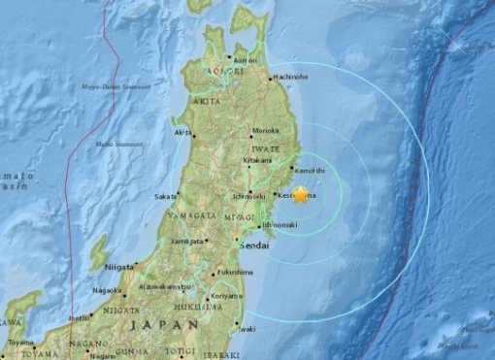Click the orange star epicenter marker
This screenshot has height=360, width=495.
point(300,195)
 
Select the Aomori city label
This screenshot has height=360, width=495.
point(246,61)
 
